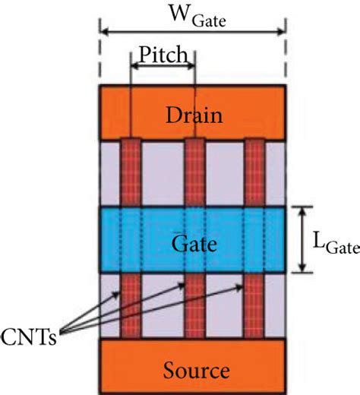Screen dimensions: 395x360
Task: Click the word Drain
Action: click(195, 116)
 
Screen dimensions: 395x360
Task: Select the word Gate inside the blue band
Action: click(195, 245)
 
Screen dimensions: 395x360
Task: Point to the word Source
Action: click(194, 370)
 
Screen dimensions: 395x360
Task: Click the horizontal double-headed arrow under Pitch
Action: click(163, 68)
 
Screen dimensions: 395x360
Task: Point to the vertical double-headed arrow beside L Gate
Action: click(303, 239)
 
